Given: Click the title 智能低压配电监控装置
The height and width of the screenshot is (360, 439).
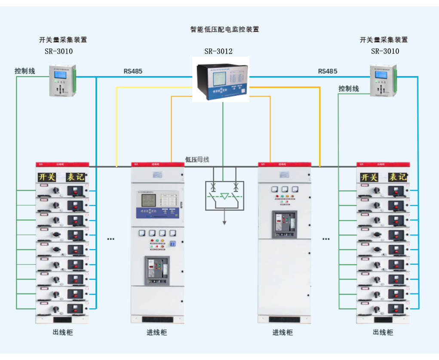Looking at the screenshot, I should (224, 30).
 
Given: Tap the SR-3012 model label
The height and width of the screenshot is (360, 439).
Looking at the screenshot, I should (218, 52).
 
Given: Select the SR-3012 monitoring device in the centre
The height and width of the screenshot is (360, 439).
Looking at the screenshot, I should (221, 80).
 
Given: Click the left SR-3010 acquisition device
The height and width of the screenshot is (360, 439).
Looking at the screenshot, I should (63, 81).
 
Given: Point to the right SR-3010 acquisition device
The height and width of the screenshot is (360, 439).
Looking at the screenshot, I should (384, 81).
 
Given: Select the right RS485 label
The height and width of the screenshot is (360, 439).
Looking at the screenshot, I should (328, 71).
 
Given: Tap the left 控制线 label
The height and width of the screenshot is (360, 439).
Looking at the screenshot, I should (25, 71).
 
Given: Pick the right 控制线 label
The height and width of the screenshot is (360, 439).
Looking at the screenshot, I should (348, 89).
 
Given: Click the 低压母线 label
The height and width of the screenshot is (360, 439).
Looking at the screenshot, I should (197, 159).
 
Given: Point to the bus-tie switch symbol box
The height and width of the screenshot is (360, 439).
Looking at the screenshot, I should (224, 195).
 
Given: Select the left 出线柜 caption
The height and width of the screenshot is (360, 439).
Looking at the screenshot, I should (63, 333).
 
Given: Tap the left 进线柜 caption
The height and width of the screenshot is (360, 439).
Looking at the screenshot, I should (157, 333).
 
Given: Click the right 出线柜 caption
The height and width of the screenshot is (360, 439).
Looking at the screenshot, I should (383, 333).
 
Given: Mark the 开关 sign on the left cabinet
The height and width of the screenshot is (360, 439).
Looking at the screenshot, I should (47, 177).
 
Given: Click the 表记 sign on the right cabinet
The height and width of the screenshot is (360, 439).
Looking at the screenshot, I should (397, 177).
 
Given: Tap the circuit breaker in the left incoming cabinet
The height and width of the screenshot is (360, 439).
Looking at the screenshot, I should (157, 271).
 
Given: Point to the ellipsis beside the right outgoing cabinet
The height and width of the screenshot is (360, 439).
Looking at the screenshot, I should (326, 238).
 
